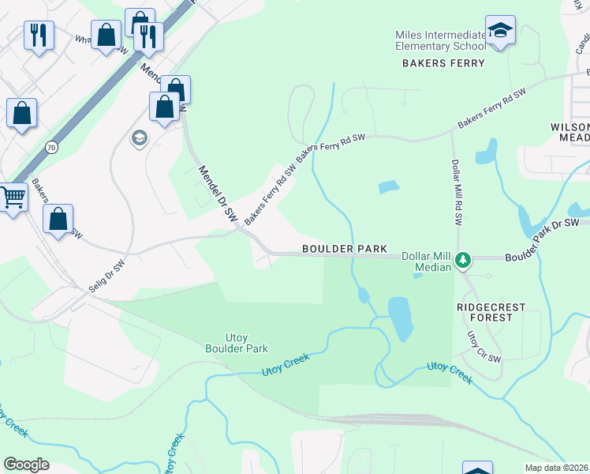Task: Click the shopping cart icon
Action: tap(11, 197)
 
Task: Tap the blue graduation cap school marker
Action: tap(500, 31)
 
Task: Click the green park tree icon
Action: tap(465, 259)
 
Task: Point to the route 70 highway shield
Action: tap(51, 147)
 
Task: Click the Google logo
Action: tap(26, 465)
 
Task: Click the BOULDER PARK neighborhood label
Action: tap(345, 249)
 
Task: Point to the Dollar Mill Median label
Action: tap(427, 262)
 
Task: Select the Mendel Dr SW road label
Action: tap(217, 192)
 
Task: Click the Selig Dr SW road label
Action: tap(107, 276)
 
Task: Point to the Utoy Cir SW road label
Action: tap(484, 347)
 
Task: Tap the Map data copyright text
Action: tap(557, 468)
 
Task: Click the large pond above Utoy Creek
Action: tap(400, 318)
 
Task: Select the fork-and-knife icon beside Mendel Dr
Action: tap(147, 36)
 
